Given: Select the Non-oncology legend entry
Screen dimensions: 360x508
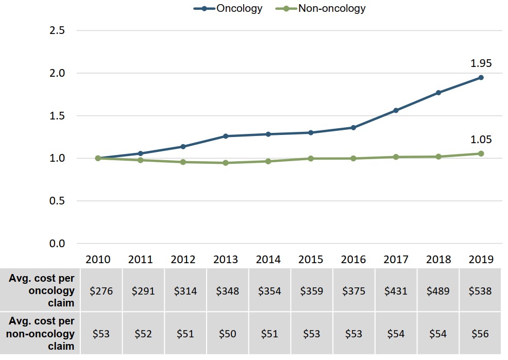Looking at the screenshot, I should point(325,8).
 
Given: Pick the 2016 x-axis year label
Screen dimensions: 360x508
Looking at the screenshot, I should point(353,260).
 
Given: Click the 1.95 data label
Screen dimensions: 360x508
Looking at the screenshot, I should point(481,64).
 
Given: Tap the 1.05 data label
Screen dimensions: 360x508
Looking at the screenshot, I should point(481,140).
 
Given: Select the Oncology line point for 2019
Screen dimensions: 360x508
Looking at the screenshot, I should point(481,77).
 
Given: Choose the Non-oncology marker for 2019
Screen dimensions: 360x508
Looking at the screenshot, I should point(481,153).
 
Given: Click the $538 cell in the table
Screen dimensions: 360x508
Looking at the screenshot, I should point(481,291).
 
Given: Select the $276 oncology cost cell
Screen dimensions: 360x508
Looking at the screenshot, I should point(101,291).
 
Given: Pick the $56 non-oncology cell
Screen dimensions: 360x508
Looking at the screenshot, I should point(481,334).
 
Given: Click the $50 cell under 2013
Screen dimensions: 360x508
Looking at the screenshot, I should point(227,334).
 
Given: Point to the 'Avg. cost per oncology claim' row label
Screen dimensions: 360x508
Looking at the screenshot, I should point(41,290).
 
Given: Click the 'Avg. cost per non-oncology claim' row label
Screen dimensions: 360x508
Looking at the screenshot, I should point(41,334).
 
